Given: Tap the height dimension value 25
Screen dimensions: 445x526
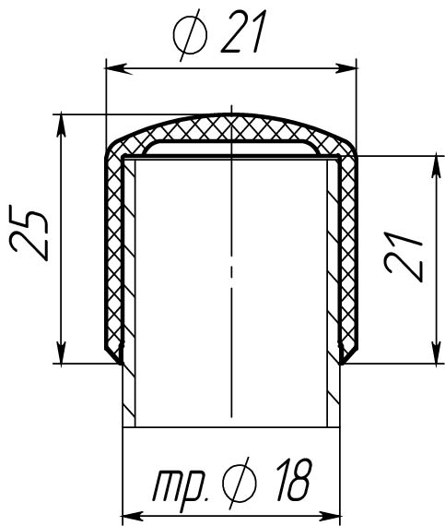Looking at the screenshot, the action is coord(29,233).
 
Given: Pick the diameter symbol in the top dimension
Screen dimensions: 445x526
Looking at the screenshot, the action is coord(190,35).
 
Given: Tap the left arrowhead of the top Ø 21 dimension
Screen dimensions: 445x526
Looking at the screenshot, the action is coord(119,69).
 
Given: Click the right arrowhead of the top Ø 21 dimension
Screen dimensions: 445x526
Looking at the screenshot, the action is coord(344,69).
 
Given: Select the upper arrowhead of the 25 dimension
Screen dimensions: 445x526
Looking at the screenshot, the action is coord(61,126).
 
